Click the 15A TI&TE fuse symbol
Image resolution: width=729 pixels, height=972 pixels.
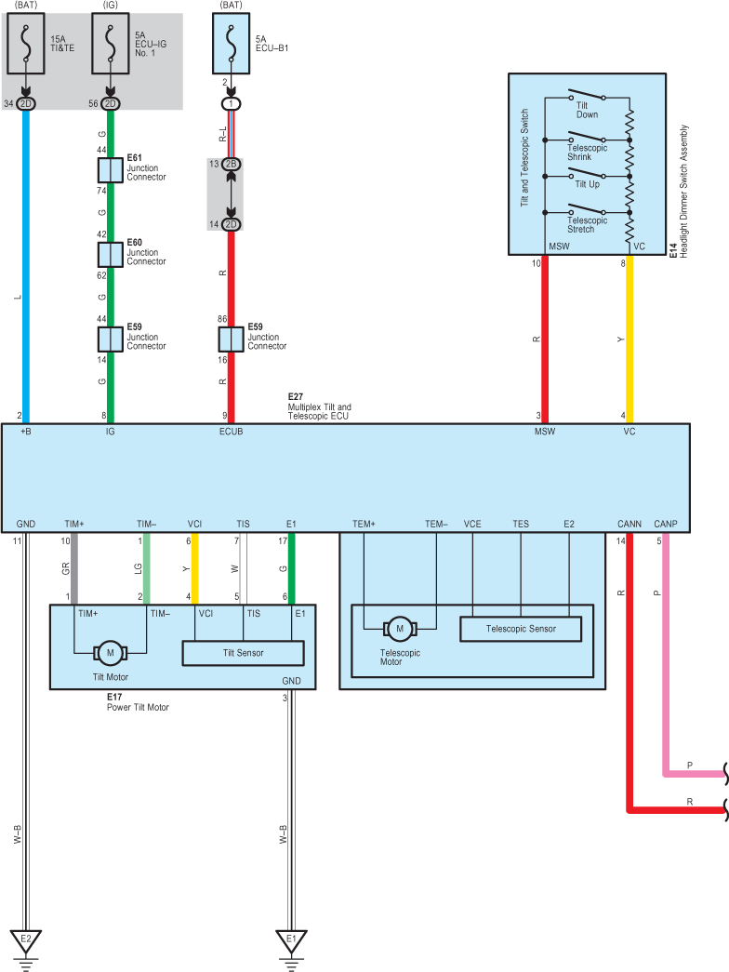[26, 44]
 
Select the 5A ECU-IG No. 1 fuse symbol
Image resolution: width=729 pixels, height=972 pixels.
[111, 44]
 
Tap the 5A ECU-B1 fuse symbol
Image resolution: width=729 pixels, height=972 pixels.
[231, 44]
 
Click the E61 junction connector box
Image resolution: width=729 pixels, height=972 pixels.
[111, 170]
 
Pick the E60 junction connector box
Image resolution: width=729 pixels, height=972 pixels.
[111, 254]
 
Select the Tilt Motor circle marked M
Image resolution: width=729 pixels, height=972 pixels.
[111, 653]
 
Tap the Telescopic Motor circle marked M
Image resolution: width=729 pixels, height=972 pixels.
[400, 629]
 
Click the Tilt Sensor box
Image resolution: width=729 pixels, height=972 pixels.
[243, 653]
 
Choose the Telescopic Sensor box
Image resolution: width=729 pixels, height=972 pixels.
[521, 629]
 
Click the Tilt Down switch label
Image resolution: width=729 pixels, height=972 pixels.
[587, 110]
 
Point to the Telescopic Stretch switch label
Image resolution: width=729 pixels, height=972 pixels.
[587, 224]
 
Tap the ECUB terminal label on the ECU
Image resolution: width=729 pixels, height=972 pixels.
[232, 432]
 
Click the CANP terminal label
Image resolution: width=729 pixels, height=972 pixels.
[666, 524]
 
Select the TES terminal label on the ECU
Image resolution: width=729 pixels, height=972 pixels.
[521, 524]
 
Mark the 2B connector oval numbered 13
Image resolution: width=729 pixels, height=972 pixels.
[232, 165]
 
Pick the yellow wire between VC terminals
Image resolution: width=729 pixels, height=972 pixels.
[630, 340]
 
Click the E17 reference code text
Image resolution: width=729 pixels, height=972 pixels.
[114, 697]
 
